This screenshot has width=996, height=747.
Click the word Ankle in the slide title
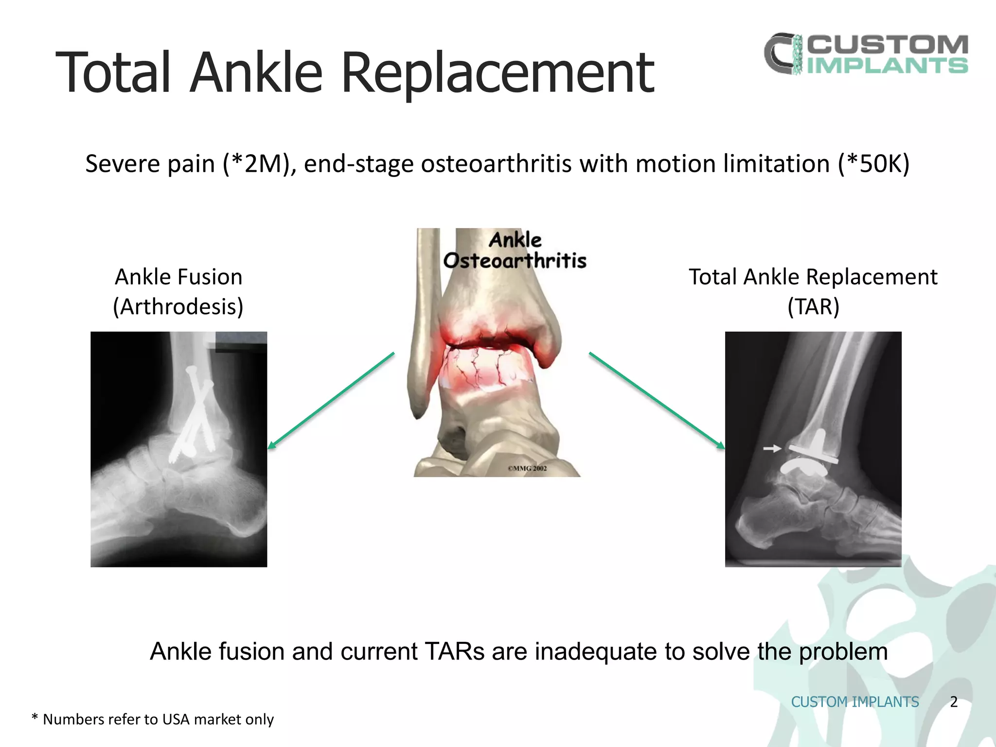pyautogui.click(x=256, y=73)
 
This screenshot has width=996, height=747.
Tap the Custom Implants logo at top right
pyautogui.click(x=866, y=54)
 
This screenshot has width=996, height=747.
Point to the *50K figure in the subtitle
pyautogui.click(x=873, y=164)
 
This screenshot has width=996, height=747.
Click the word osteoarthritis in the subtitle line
pyautogui.click(x=496, y=164)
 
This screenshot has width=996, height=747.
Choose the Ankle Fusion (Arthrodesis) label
pyautogui.click(x=178, y=291)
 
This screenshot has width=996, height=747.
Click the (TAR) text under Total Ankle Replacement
pyautogui.click(x=813, y=307)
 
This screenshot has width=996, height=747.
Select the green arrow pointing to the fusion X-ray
pyautogui.click(x=331, y=400)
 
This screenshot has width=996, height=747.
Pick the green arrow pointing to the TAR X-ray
pyautogui.click(x=657, y=400)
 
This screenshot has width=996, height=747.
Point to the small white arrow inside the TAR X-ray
pyautogui.click(x=772, y=448)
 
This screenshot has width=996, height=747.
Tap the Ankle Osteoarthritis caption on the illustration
pyautogui.click(x=515, y=250)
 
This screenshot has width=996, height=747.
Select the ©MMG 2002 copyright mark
pyautogui.click(x=527, y=468)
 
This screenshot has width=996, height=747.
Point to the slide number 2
pyautogui.click(x=953, y=702)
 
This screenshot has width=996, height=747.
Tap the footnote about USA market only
pyautogui.click(x=153, y=719)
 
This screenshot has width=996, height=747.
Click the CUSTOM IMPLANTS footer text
pyautogui.click(x=855, y=702)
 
